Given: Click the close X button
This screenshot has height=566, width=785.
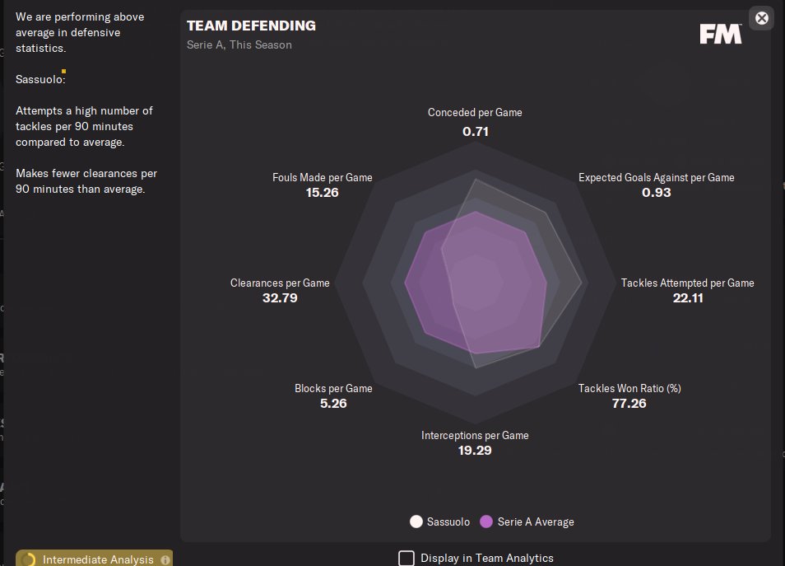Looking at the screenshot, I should click(x=762, y=17).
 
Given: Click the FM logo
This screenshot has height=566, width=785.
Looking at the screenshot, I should click(x=720, y=34).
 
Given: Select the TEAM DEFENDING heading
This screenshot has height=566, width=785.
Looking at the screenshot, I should click(x=251, y=26).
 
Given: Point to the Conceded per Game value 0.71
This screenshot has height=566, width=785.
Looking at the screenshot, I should click(x=476, y=131).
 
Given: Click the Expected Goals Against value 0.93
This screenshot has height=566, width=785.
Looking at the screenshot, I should click(x=656, y=193).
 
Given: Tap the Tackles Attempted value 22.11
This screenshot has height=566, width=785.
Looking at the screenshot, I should click(x=688, y=298).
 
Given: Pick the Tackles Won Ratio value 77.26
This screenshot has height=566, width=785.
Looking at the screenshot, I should click(x=629, y=404).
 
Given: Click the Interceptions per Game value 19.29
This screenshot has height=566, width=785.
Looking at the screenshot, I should click(x=475, y=451).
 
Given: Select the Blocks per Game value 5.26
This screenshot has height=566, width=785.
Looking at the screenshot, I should click(x=332, y=404).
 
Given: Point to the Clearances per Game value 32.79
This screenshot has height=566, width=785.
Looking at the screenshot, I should click(x=280, y=298).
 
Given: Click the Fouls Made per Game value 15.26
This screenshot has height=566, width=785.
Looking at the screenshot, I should click(x=322, y=193).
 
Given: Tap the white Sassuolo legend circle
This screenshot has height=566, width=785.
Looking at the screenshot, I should click(x=416, y=522).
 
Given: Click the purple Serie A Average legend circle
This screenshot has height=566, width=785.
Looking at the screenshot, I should click(x=486, y=522).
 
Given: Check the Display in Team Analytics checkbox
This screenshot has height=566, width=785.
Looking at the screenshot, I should click(x=406, y=558).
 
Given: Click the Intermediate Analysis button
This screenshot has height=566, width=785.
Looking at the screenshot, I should click(x=94, y=559).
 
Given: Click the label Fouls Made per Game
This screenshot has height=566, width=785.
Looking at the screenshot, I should click(x=322, y=177).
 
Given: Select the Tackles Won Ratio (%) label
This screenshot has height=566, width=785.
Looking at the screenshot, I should click(x=629, y=388).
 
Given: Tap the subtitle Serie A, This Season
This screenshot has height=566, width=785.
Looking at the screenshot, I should click(x=239, y=44).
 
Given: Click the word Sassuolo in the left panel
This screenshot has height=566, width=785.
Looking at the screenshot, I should click(x=39, y=80).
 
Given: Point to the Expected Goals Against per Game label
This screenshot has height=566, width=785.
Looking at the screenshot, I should click(x=656, y=177).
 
